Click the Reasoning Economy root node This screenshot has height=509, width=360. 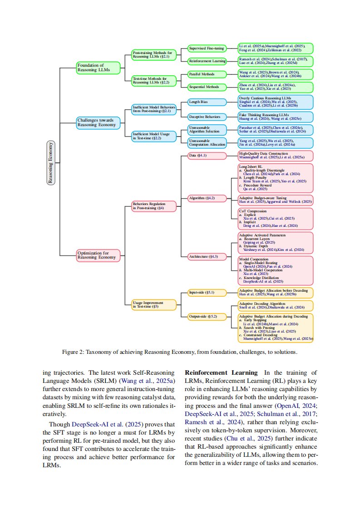tap(51, 162)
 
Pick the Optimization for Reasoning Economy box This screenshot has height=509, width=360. tap(98, 255)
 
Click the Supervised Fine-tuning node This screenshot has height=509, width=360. tap(207, 49)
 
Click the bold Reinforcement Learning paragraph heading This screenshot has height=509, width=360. tap(221, 373)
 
